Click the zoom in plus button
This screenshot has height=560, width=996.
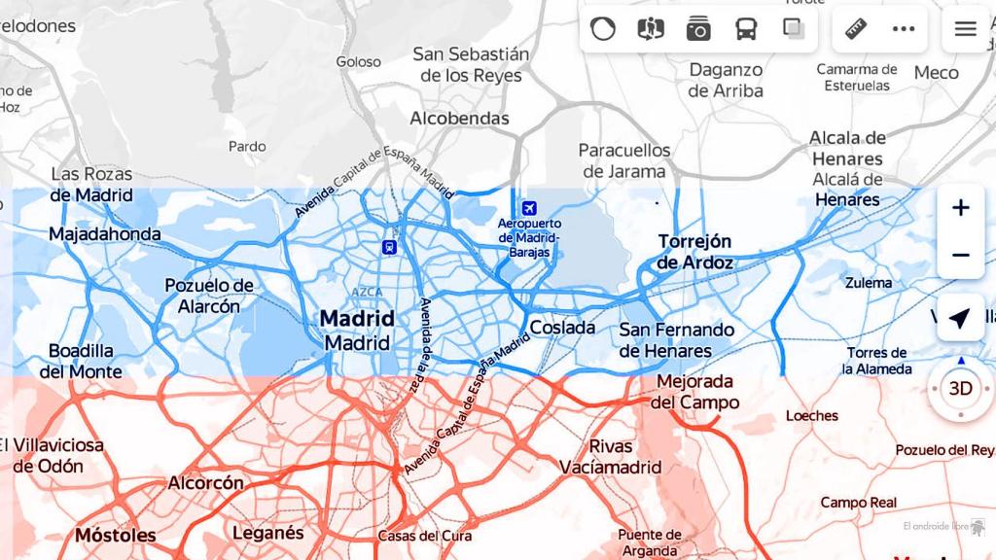960,208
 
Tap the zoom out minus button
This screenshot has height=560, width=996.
960,255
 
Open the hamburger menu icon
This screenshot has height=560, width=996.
965,28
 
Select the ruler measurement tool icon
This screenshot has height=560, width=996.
856,28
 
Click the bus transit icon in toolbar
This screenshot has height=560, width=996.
746,28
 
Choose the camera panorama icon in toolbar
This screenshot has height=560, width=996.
698,28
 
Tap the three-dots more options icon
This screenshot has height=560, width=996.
904,28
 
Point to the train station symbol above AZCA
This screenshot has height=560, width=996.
389,247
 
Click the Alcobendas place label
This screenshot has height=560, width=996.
459,119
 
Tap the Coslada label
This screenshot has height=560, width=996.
562,328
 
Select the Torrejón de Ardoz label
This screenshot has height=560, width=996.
694,252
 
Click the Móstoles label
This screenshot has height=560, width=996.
115,536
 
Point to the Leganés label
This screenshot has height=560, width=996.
267,533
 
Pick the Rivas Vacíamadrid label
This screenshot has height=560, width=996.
610,457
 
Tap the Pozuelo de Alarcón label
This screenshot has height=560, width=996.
208,296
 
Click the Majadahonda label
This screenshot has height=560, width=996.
105,234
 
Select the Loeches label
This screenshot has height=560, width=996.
811,415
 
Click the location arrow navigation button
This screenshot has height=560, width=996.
960,318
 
